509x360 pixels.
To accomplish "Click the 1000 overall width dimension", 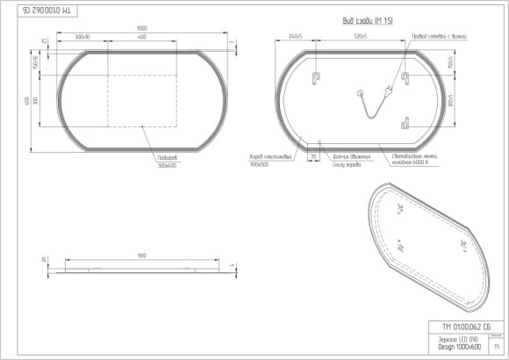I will point(141,28).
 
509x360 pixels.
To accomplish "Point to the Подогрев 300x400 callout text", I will point(167,162).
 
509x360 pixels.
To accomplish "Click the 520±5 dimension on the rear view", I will point(360,38).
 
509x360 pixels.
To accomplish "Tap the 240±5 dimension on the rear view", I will point(294,38).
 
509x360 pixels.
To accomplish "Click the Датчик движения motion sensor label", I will point(349,157).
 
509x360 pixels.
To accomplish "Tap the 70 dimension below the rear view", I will point(312,156).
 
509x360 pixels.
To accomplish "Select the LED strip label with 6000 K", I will point(415,160).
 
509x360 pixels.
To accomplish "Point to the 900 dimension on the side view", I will point(141,256).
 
